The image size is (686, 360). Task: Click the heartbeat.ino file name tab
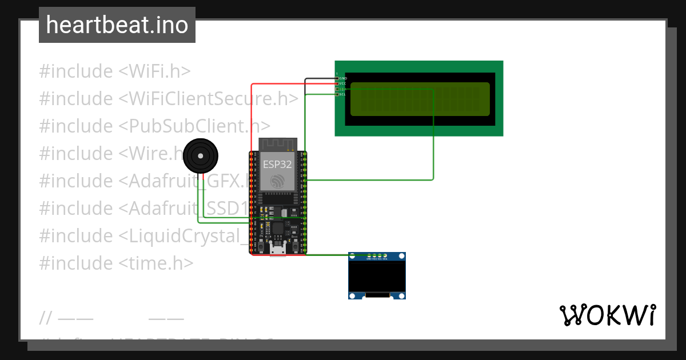click(117, 25)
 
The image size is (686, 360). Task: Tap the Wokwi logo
click(607, 315)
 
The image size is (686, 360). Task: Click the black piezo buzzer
click(200, 155)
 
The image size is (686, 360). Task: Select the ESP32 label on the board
click(277, 165)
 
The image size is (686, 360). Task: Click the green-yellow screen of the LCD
click(420, 99)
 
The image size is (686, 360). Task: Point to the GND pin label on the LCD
click(343, 78)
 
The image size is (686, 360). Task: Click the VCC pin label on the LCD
click(343, 83)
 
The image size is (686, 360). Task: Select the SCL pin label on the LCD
click(343, 94)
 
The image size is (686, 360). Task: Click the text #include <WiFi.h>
click(115, 71)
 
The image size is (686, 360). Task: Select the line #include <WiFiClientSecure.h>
click(169, 99)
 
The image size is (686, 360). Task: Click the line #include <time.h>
click(117, 263)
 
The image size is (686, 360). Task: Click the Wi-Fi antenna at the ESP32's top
click(278, 144)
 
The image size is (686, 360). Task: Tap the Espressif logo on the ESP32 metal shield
click(277, 181)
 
